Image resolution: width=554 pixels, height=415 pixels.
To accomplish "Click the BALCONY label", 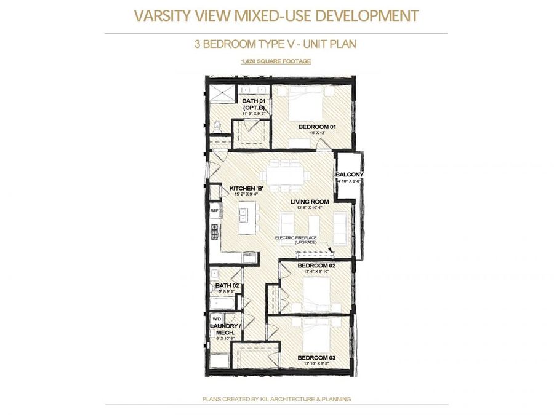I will point(350,175).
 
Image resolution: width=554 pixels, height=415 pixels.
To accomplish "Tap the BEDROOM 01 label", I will point(316,127).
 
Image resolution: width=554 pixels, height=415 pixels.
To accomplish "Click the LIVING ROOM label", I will point(310,202).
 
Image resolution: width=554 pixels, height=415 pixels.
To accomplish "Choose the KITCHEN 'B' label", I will point(246,189).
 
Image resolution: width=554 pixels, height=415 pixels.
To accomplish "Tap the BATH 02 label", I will point(227,286).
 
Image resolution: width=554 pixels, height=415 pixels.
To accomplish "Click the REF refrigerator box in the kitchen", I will point(215,211).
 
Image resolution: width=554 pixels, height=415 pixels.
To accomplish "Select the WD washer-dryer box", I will point(217,319).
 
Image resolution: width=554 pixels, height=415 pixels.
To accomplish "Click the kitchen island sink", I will point(244,215).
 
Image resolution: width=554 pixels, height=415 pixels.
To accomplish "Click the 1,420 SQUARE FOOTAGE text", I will point(276,61).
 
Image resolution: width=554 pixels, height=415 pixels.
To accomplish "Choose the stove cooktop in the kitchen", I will point(215,232).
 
